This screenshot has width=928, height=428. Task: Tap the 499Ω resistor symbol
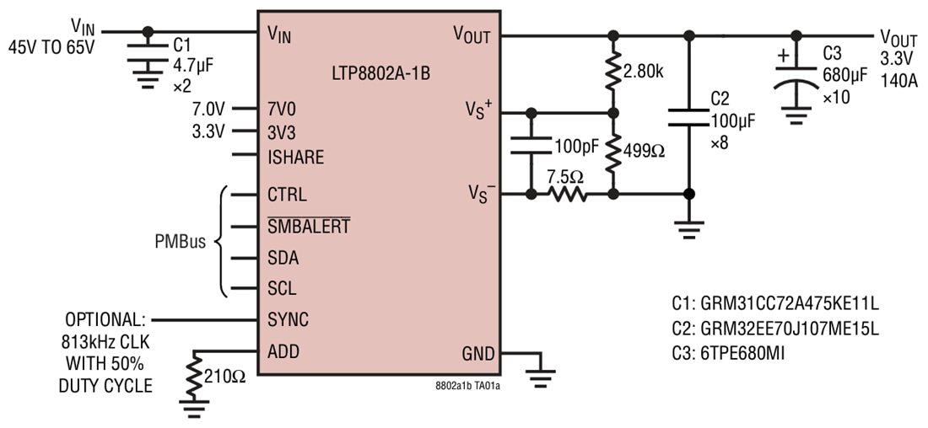[x=613, y=152]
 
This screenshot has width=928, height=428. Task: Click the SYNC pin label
[x=288, y=320]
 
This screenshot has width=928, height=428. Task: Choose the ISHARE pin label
[x=295, y=158]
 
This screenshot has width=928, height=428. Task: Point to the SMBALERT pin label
[x=309, y=226]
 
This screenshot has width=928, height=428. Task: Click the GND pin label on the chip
[x=478, y=353]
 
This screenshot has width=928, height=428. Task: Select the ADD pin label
[x=283, y=351]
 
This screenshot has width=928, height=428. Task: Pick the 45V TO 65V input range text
[x=51, y=47]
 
